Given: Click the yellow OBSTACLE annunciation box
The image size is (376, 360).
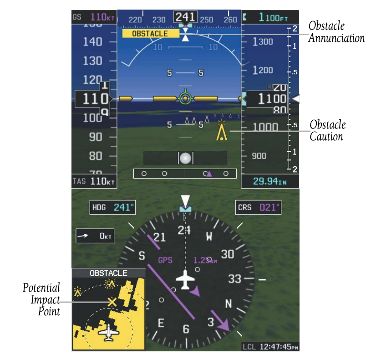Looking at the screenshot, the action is pos(150,34).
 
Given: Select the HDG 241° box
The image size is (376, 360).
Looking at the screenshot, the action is pos(113,207).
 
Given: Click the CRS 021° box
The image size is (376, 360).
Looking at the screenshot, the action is pos(259,207).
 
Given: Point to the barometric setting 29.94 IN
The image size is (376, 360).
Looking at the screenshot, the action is pos(269,181).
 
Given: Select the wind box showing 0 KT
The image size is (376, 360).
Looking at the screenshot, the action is pos(95,236).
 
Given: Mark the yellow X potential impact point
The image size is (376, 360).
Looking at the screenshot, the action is pos(111,302).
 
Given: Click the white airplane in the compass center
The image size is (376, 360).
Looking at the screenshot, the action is pos(185,279).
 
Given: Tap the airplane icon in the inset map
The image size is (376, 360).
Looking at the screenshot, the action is pos(108,333).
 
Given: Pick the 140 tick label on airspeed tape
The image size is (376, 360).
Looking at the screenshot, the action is pos(92,42).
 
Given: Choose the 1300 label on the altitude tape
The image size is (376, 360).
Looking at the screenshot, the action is pos(263,42).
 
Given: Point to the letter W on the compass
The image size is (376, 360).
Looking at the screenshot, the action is pos(209,237).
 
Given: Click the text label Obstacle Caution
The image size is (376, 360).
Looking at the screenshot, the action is pos(327,130).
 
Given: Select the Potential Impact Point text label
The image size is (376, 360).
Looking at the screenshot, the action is pos(42,299).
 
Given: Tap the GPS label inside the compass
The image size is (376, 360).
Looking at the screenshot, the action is pos(165,261).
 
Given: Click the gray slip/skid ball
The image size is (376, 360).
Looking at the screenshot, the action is pos(185,158).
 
